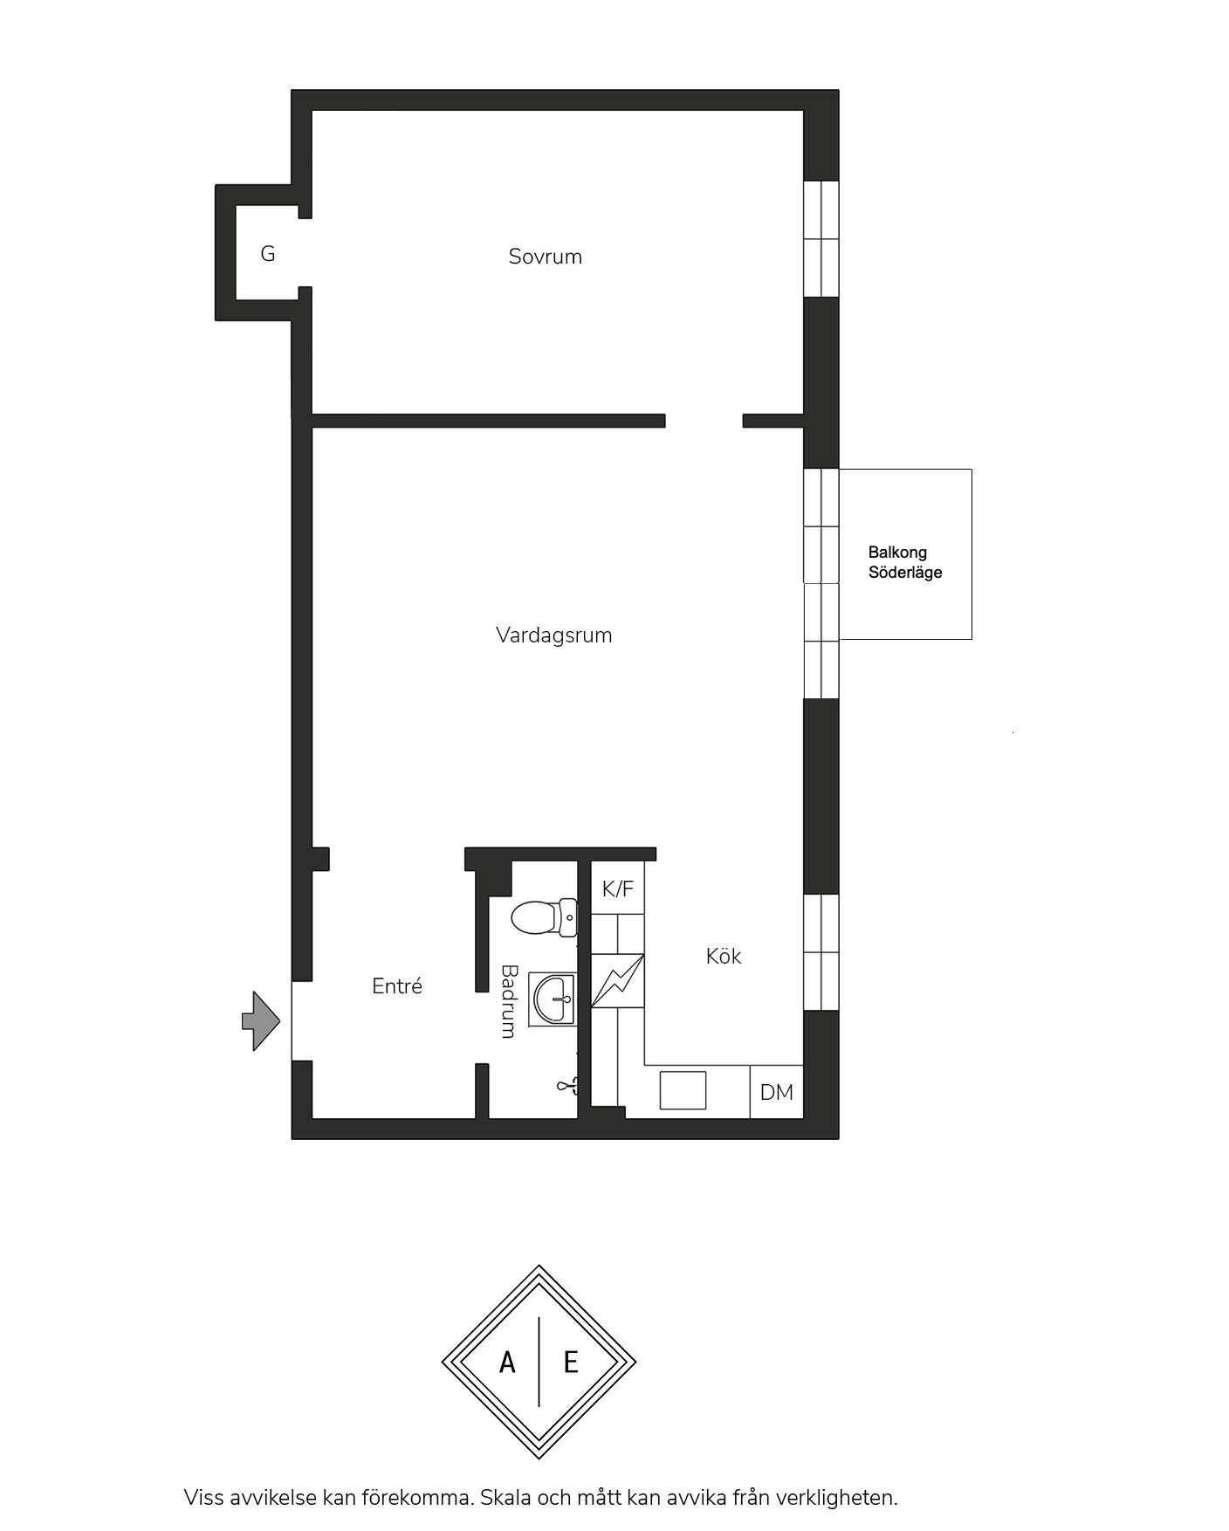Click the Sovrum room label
(545, 257)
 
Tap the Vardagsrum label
(554, 635)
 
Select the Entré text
(397, 986)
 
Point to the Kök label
(724, 956)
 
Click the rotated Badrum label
(508, 1001)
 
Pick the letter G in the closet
(268, 254)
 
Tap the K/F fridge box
(618, 889)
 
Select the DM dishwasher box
(777, 1092)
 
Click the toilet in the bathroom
(543, 917)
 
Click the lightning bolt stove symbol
(618, 981)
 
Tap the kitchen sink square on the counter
(683, 1090)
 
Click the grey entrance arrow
(261, 1020)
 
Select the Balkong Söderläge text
(905, 563)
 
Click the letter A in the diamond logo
(507, 1363)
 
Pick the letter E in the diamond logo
(571, 1363)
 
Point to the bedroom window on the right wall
(821, 238)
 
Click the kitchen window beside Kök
(821, 952)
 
